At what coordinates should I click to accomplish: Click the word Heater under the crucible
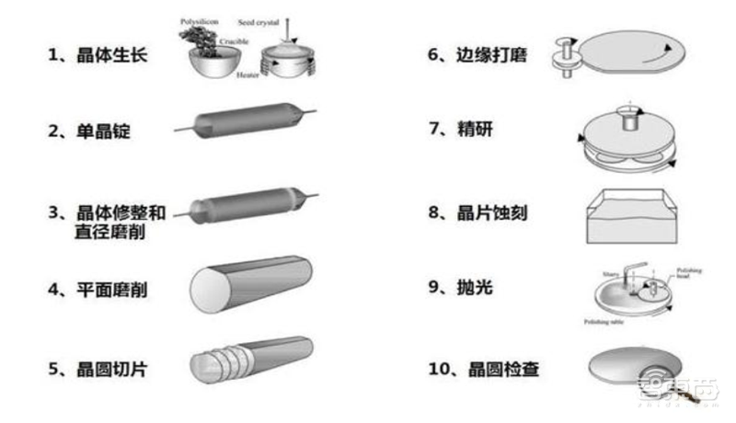click(247, 74)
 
